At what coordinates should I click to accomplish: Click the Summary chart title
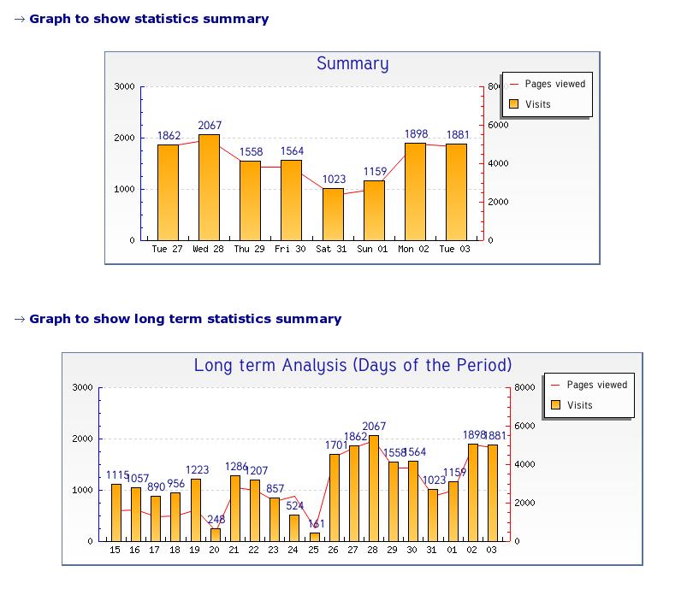point(352,63)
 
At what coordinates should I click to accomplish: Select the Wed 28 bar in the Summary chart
point(210,187)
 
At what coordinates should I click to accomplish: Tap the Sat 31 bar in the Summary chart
point(334,214)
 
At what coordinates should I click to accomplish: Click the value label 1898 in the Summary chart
point(416,134)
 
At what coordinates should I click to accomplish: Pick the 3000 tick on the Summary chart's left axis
point(124,86)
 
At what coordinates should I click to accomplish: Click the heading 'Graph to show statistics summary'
point(149,19)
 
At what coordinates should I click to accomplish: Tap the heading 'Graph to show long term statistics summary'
point(185,319)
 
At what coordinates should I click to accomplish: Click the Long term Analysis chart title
point(352,365)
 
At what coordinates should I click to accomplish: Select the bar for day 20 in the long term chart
point(215,534)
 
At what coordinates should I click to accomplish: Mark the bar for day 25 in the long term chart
point(314,537)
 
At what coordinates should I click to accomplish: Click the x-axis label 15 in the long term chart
point(115,550)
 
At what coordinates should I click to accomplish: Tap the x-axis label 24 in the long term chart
point(294,550)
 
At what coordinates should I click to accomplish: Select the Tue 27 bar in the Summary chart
point(169,192)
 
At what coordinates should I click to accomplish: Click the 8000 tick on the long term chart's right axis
point(525,387)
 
